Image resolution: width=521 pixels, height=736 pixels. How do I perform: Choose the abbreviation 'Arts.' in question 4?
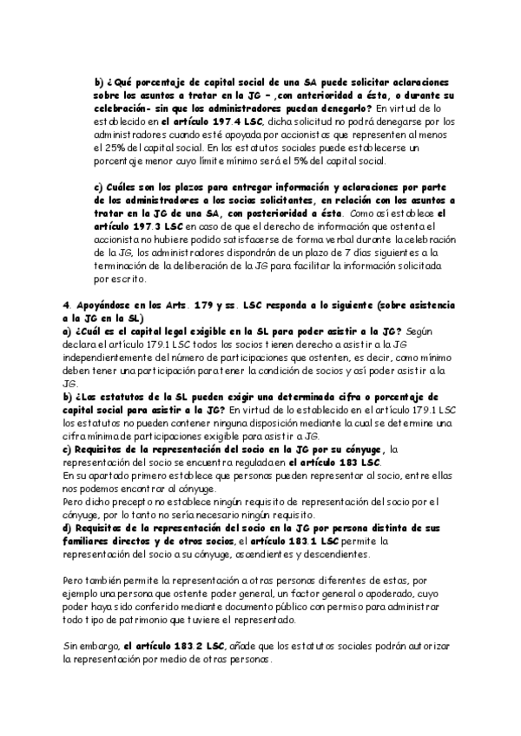pos(173,306)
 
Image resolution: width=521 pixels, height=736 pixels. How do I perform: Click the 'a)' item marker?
pos(69,332)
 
